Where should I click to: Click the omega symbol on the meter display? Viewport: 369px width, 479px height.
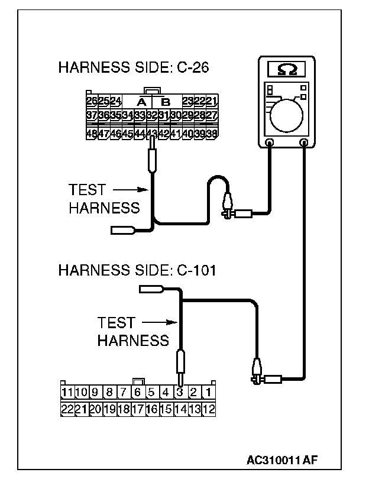[287, 70]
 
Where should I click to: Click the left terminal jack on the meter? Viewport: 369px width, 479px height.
[269, 143]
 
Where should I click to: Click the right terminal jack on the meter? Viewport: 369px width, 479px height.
[305, 143]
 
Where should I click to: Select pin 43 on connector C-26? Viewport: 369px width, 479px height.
[152, 133]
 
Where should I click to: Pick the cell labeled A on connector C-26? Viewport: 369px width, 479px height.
[142, 101]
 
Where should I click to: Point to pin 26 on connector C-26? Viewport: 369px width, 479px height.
[92, 101]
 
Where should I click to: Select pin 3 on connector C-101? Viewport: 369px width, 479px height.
[180, 392]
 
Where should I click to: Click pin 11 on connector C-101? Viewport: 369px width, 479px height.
[67, 392]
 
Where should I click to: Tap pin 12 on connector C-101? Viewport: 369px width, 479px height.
[208, 408]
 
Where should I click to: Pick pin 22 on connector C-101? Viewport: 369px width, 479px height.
[67, 408]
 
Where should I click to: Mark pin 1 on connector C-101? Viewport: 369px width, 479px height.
[208, 392]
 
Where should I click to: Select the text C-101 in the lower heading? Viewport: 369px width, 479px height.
[196, 271]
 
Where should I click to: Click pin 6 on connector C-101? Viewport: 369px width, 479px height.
[137, 392]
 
